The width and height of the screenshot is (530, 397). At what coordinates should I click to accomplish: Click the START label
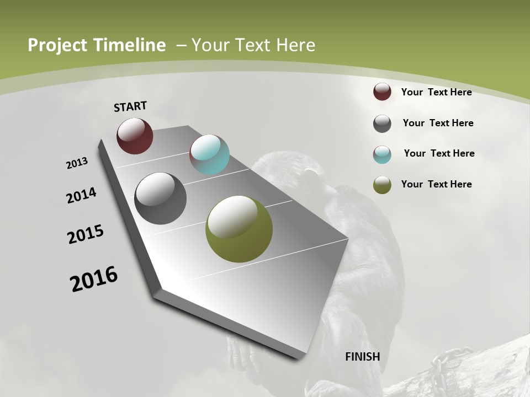pos(130,106)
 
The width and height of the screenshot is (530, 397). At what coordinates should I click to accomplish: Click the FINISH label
pos(362,357)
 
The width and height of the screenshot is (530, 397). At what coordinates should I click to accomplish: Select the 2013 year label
pos(77,163)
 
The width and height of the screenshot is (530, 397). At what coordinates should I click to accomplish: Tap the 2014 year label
pos(81,195)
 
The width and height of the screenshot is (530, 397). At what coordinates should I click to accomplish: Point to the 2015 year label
pos(86,234)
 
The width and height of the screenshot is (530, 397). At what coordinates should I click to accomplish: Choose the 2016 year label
pos(94,279)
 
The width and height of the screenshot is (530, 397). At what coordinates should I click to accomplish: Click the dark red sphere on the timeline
pos(135,136)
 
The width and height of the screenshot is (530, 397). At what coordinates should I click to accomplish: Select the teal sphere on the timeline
pos(209,154)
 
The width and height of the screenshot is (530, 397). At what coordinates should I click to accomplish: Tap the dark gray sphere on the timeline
pos(160,198)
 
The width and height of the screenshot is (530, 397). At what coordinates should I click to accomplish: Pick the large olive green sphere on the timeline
pos(239,229)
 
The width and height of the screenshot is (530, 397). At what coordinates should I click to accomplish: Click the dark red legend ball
pos(382,92)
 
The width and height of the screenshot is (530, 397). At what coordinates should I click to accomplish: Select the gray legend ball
pos(382,124)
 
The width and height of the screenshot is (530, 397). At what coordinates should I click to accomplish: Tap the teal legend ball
pos(382,154)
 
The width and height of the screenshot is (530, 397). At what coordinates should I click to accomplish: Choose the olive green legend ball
pos(382,185)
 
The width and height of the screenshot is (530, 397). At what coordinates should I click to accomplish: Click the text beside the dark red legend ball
pos(436,92)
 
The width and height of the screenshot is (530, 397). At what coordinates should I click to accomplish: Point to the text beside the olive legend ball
pos(436,184)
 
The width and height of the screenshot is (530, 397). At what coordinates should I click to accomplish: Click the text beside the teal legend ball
pos(439,153)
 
